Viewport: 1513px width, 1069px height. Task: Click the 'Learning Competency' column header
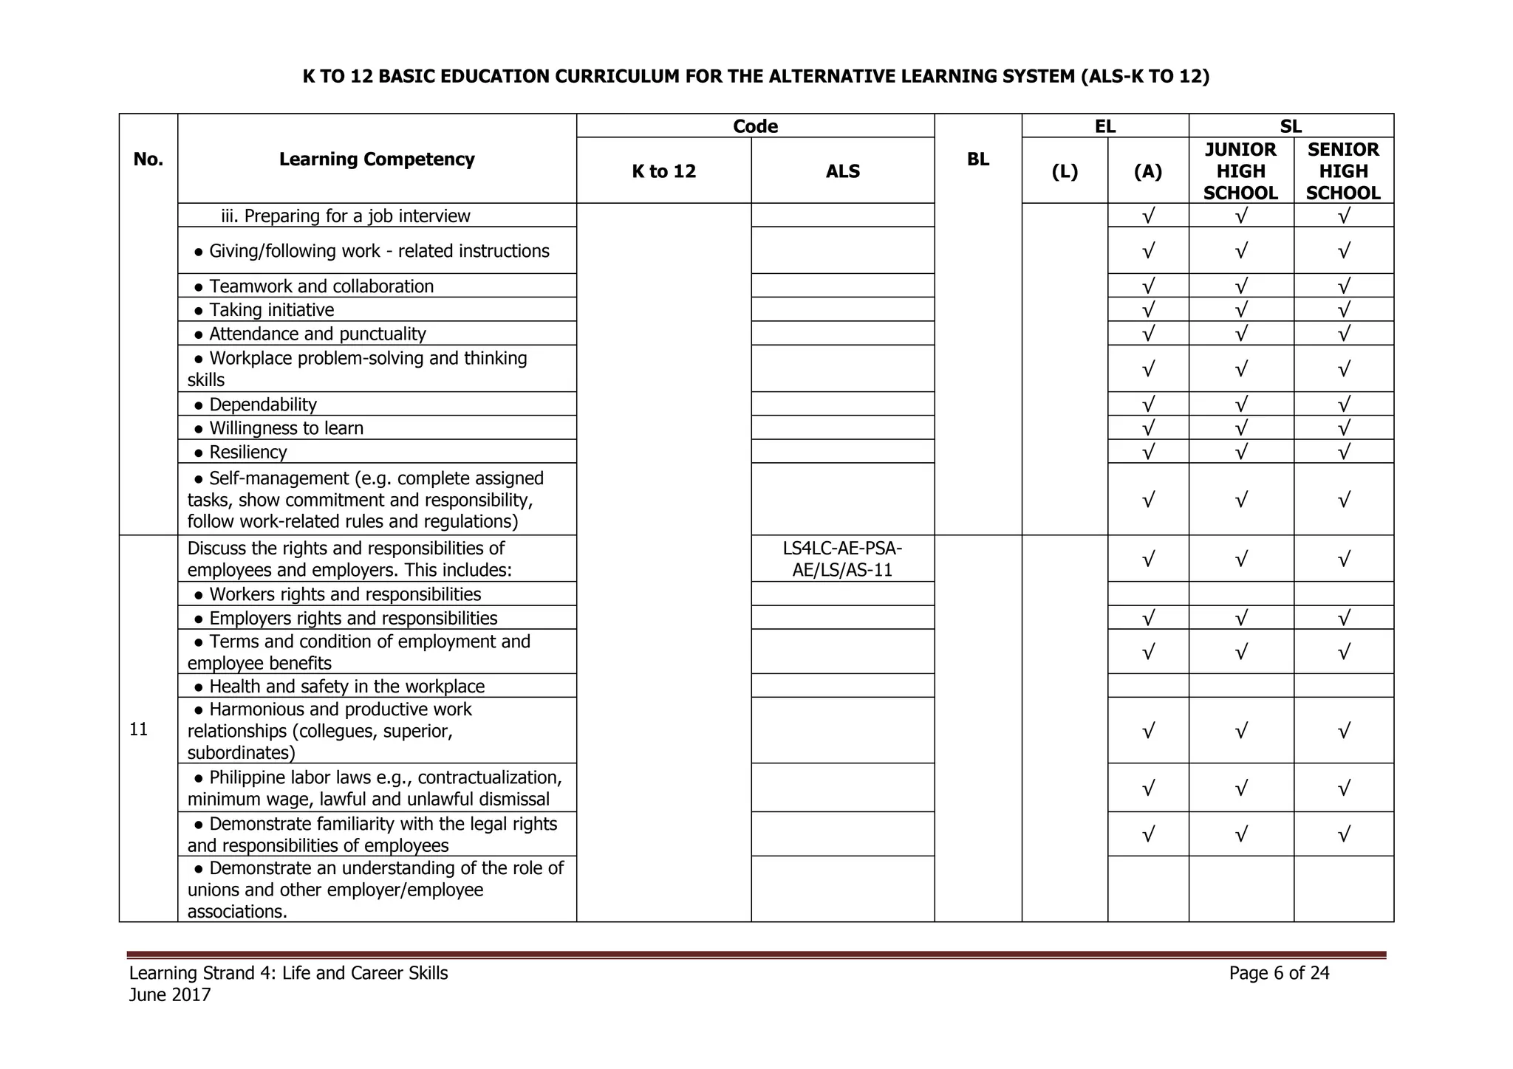(x=377, y=159)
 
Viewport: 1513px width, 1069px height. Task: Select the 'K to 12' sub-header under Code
(x=663, y=171)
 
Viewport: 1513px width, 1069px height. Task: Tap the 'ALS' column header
(x=843, y=171)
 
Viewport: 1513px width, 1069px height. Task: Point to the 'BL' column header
(x=977, y=159)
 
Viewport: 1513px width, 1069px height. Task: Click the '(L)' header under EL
(x=1065, y=171)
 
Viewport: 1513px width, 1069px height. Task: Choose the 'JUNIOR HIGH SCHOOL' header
(x=1240, y=171)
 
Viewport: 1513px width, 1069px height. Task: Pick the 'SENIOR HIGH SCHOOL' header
(x=1343, y=171)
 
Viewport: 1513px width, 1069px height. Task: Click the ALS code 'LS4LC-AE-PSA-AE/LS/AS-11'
(x=842, y=559)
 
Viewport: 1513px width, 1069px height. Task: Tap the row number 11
(x=138, y=729)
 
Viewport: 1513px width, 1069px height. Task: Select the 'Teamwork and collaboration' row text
(x=321, y=286)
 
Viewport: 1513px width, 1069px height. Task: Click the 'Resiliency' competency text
(x=247, y=452)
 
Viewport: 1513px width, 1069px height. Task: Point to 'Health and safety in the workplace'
(x=346, y=687)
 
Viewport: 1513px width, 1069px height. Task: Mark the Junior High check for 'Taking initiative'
(x=1241, y=310)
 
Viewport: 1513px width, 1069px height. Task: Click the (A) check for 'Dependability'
(x=1148, y=405)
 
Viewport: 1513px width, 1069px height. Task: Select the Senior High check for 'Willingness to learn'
(x=1344, y=428)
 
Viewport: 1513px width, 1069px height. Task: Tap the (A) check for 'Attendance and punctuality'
(x=1148, y=334)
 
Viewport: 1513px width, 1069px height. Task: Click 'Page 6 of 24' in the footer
(x=1279, y=973)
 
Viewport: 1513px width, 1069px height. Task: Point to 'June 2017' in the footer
(x=170, y=995)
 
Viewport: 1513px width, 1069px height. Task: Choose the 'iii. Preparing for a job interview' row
(x=346, y=216)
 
